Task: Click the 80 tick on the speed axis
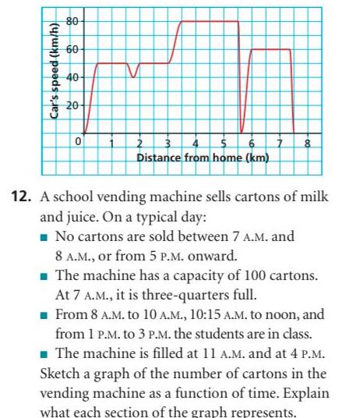(x=69, y=20)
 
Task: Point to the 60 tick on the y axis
(x=69, y=49)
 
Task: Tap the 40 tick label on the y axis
(x=69, y=76)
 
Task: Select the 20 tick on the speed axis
(x=69, y=105)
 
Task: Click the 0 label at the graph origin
(x=77, y=143)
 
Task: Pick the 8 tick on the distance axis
(x=308, y=143)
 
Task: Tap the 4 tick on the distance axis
(x=196, y=143)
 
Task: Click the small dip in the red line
(x=134, y=76)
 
